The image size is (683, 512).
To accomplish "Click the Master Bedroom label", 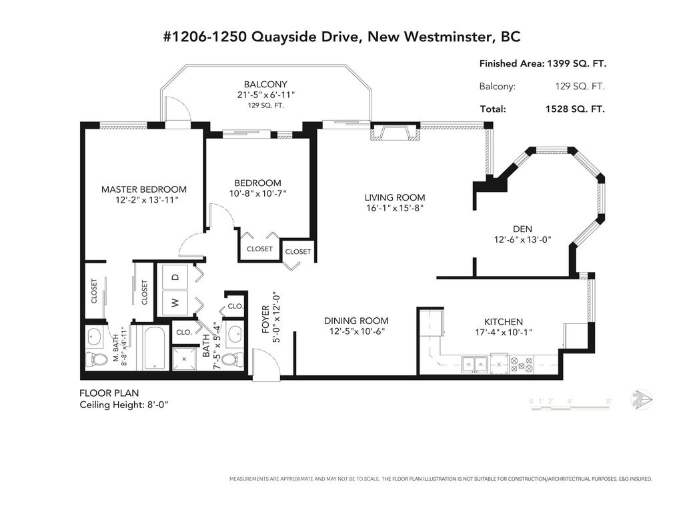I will pyautogui.click(x=143, y=189).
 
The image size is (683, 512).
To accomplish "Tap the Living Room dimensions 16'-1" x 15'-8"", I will pyautogui.click(x=394, y=208).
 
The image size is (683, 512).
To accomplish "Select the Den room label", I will pyautogui.click(x=522, y=229).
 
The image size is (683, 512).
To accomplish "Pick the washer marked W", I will pyautogui.click(x=175, y=302).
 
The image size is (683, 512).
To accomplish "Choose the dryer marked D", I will pyautogui.click(x=175, y=277).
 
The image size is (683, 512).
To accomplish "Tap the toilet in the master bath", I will pyautogui.click(x=99, y=360).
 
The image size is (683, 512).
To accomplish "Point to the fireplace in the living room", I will pyautogui.click(x=396, y=134).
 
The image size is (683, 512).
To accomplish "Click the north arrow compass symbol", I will pyautogui.click(x=642, y=399).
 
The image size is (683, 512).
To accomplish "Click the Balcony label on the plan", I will pyautogui.click(x=265, y=85).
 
